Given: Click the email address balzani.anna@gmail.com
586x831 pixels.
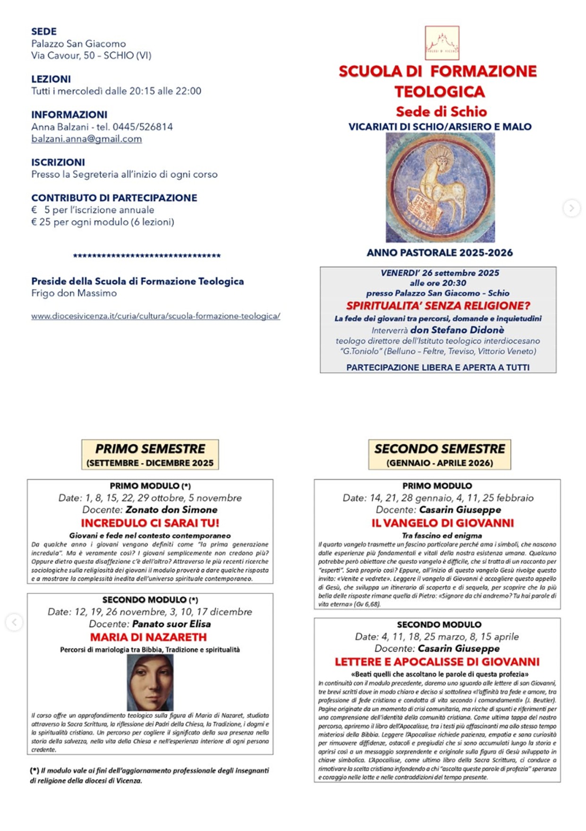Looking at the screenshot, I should click(86, 139).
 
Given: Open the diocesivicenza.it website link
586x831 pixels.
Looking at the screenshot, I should click(155, 316).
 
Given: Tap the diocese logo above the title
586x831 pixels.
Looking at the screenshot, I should click(442, 43).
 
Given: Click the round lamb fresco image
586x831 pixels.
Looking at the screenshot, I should click(440, 188).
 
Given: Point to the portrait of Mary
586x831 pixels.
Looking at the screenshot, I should click(150, 682).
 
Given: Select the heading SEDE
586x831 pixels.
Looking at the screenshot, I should click(44, 32).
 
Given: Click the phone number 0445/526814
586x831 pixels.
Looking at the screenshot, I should click(143, 127).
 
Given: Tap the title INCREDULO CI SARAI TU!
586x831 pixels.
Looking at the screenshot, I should click(150, 523).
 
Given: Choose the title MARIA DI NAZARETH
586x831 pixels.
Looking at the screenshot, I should click(148, 637).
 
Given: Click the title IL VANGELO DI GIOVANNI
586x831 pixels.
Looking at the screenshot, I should click(442, 523).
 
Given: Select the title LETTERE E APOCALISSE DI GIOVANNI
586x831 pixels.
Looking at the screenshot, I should click(437, 662).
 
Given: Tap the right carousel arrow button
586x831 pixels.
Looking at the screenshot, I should click(571, 208).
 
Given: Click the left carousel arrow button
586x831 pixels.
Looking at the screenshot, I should click(14, 622).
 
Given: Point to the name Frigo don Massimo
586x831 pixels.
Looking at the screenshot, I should click(74, 293).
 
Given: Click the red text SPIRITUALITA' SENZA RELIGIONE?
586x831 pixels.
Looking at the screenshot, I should click(438, 306).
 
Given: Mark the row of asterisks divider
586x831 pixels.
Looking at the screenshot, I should click(147, 256).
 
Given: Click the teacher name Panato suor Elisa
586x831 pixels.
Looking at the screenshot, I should click(171, 624).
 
